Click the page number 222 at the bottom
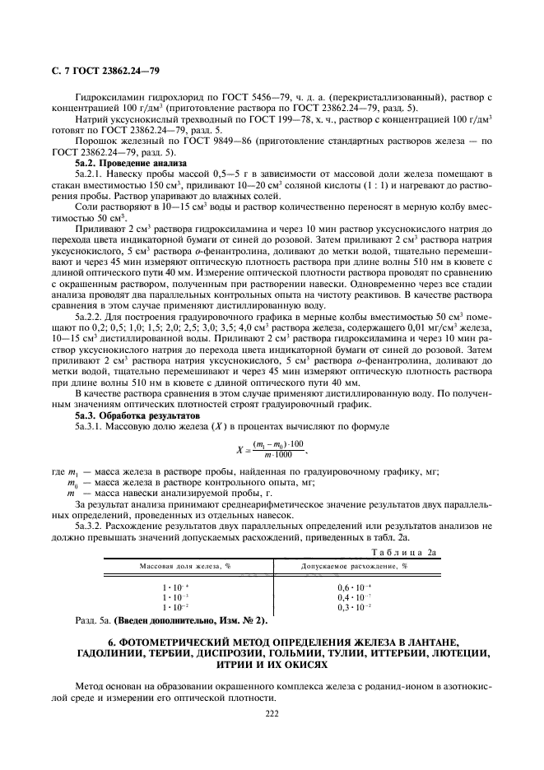pos(272,713)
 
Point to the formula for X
pos(272,449)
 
